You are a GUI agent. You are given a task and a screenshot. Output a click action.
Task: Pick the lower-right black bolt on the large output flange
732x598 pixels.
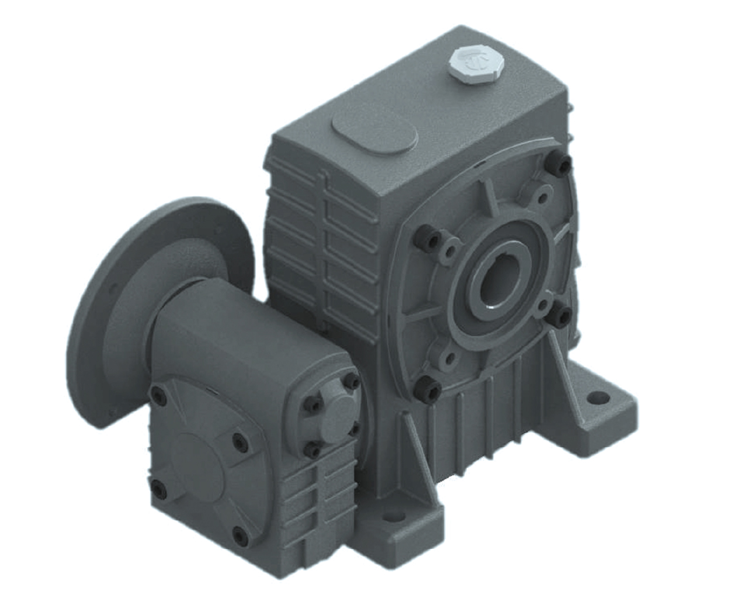[563, 316]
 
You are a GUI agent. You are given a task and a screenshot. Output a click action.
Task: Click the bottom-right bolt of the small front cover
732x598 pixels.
[240, 534]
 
